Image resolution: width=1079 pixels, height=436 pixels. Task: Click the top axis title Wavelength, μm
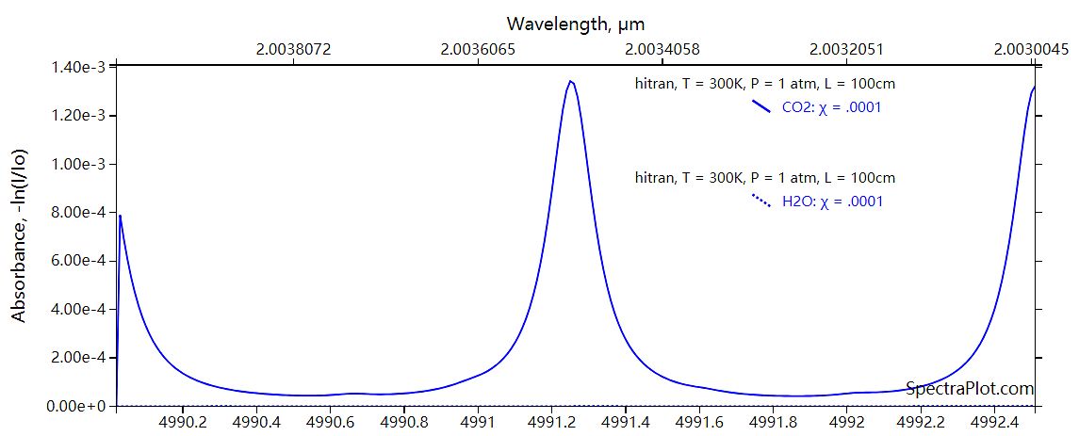575,23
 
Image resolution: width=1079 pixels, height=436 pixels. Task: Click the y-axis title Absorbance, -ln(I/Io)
19,235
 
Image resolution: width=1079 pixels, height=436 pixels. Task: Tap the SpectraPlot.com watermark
970,388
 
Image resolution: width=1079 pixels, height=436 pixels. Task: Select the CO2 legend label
831,107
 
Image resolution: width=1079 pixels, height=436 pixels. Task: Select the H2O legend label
833,201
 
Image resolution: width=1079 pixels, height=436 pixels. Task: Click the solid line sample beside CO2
761,107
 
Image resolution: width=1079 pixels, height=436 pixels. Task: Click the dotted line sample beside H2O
761,200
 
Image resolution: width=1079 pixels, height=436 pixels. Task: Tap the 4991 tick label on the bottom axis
479,423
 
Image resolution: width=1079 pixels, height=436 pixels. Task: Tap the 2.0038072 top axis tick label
296,50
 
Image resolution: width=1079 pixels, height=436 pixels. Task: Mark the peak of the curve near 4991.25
570,81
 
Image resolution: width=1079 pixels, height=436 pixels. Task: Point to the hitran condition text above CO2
764,84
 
